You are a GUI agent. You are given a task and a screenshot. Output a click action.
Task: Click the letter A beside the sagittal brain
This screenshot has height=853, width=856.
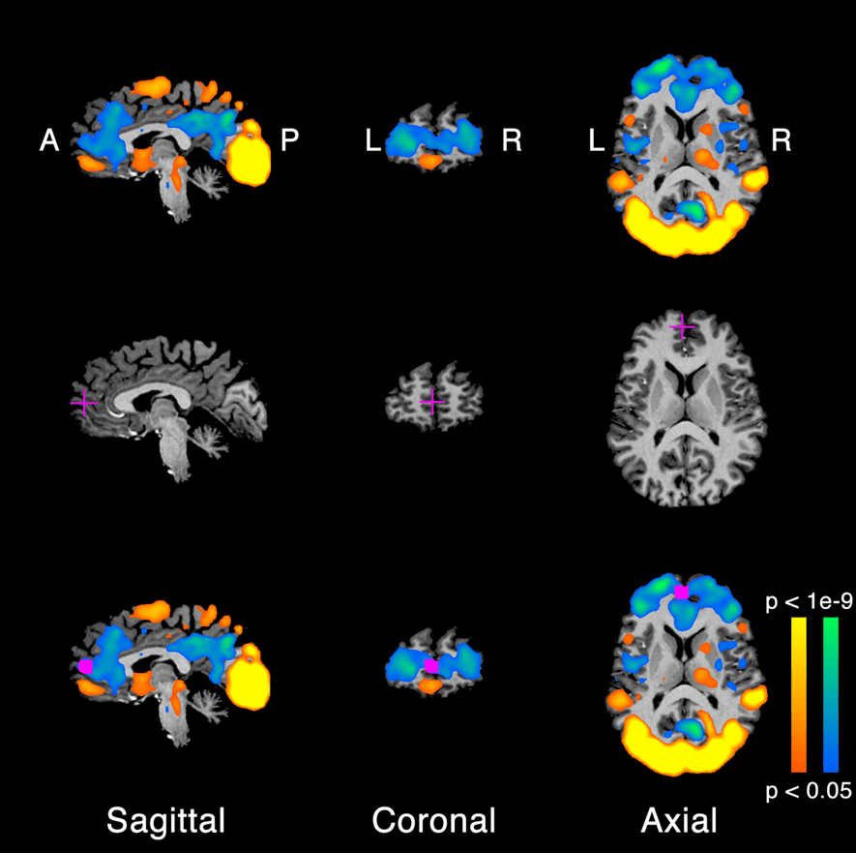(x=49, y=141)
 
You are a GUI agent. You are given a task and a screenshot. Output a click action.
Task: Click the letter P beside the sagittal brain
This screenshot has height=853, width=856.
(x=289, y=141)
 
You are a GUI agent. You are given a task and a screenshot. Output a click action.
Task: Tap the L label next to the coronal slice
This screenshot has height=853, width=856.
(x=373, y=141)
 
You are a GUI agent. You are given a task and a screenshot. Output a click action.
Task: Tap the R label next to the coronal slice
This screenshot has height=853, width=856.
(x=512, y=141)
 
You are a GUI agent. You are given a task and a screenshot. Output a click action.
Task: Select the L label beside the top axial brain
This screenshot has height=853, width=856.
(x=597, y=141)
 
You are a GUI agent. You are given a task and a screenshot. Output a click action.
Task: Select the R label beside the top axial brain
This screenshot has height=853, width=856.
(x=782, y=141)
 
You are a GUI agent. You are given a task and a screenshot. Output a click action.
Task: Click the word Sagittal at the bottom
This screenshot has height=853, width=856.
(x=165, y=821)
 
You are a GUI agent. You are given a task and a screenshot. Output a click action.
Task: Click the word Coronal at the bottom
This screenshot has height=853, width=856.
(x=433, y=821)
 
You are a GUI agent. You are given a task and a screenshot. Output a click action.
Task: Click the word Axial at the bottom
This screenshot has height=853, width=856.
(x=679, y=821)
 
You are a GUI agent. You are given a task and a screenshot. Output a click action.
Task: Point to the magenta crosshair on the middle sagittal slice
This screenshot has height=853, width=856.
(x=84, y=401)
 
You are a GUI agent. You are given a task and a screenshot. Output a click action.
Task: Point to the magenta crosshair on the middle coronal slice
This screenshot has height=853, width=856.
(x=431, y=400)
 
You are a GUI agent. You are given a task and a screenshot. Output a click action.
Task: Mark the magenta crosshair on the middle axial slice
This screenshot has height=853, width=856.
(x=683, y=327)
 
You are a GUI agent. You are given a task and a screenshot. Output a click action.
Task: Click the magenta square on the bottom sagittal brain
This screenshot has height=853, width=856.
(x=85, y=666)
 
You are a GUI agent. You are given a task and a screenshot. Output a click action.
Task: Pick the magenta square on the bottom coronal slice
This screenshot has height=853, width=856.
(x=431, y=666)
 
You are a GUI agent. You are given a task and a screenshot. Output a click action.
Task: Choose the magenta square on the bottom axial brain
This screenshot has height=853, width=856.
(x=682, y=591)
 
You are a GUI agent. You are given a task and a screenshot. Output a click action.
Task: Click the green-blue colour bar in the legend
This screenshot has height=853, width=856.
(x=830, y=692)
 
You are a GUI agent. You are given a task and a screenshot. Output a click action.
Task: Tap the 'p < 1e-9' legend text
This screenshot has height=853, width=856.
(x=809, y=602)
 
